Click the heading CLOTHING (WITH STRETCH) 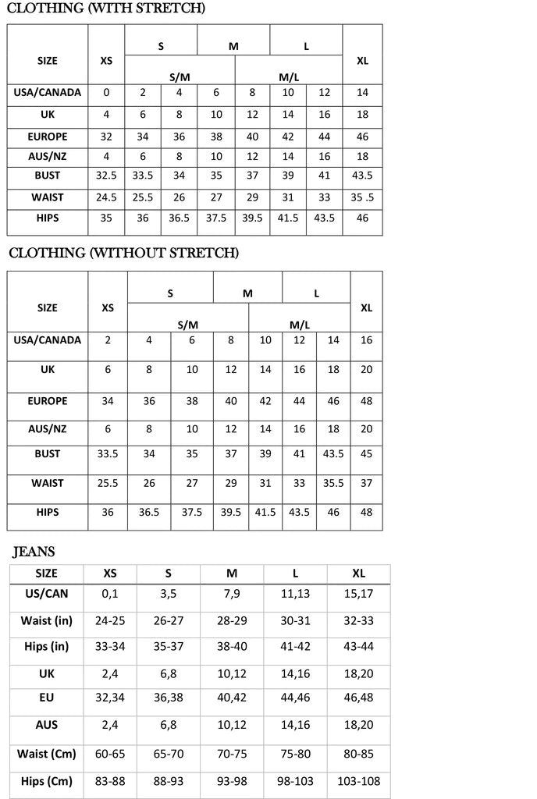click(106, 9)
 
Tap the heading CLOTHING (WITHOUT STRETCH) click(123, 253)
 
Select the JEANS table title click(34, 552)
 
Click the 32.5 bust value click(106, 176)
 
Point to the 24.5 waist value click(106, 197)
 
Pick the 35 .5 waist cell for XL click(362, 197)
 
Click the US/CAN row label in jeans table click(47, 594)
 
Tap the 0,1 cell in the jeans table click(110, 594)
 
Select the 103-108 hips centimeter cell click(359, 781)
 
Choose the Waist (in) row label click(47, 620)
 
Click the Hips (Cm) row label click(47, 781)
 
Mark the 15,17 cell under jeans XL click(359, 594)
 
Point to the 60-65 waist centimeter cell click(110, 754)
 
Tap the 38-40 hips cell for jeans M click(232, 647)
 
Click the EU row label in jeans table click(47, 698)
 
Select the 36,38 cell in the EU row click(169, 698)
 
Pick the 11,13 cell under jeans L click(295, 594)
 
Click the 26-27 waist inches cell click(169, 620)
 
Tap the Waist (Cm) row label click(47, 754)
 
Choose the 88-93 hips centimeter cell click(169, 781)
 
